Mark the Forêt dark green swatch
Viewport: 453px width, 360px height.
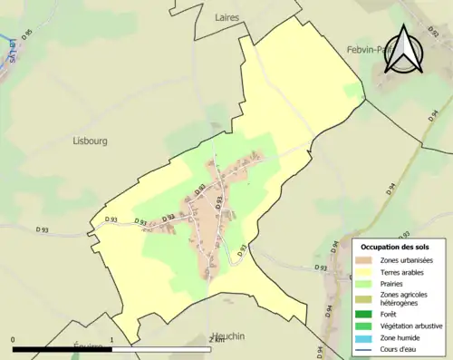tap(364, 315)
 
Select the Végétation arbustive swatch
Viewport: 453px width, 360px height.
tap(364, 327)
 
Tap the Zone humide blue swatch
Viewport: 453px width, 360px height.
tap(364, 339)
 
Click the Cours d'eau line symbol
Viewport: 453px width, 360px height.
tap(364, 352)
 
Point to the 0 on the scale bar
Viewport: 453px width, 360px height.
tap(13, 340)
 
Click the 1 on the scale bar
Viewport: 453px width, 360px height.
tap(111, 340)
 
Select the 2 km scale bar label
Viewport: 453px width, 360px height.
tap(216, 340)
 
